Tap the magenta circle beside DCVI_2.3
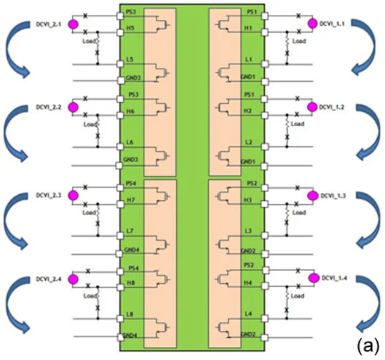73,195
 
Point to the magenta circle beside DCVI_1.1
312,23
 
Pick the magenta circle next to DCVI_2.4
73,279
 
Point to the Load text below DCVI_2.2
90,124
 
